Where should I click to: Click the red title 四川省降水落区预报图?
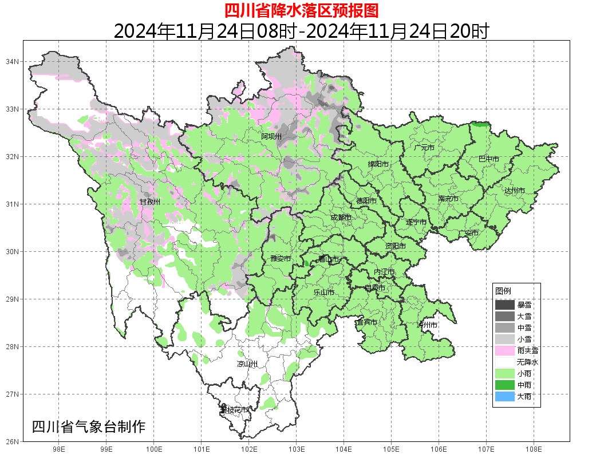click(x=301, y=10)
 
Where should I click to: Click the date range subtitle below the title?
click(x=301, y=31)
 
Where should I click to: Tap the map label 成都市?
click(x=341, y=218)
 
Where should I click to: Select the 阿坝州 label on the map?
click(x=271, y=136)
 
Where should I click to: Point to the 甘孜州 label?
click(x=150, y=202)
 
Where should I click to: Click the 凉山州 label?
click(x=247, y=364)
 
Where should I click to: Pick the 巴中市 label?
click(x=488, y=159)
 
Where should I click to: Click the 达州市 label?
click(x=515, y=190)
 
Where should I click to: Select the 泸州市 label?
click(x=427, y=325)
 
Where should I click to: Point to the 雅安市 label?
click(x=281, y=259)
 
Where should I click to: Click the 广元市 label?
click(x=424, y=147)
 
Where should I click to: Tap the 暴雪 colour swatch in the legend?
click(x=504, y=305)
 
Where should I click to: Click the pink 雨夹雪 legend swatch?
click(x=504, y=350)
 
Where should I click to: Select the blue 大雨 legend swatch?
click(x=504, y=396)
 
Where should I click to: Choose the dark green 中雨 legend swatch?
click(x=504, y=385)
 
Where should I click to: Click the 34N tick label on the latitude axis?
click(x=13, y=61)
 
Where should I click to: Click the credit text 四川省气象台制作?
click(x=89, y=426)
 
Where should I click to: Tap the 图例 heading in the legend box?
click(x=503, y=291)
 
